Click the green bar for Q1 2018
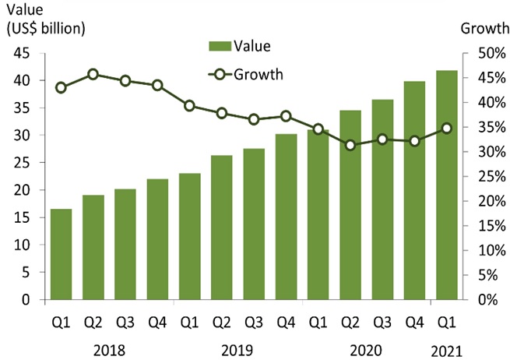click(x=61, y=254)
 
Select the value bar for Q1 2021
click(x=446, y=185)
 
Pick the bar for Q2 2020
click(x=350, y=205)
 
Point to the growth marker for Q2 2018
click(x=93, y=74)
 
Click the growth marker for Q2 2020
click(x=350, y=145)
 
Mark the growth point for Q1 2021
click(x=446, y=128)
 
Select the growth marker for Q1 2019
click(x=189, y=105)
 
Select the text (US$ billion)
click(x=46, y=29)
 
